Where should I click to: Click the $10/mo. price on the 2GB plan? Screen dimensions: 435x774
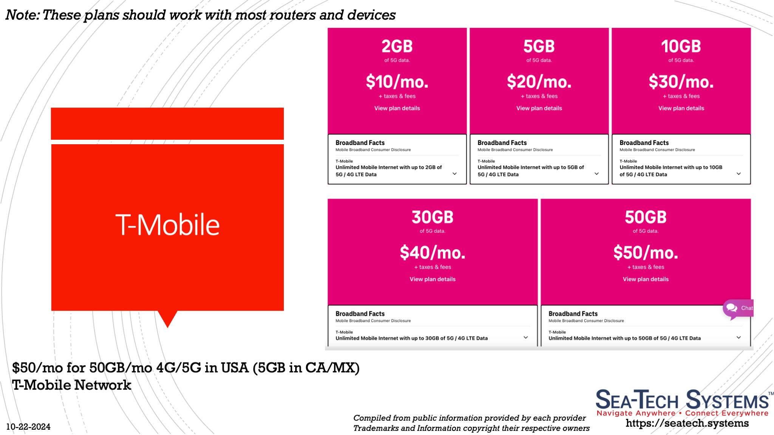click(397, 82)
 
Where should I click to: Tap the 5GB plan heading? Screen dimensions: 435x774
click(539, 46)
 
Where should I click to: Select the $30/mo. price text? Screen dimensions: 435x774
click(681, 82)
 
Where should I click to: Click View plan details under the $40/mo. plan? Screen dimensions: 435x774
click(432, 279)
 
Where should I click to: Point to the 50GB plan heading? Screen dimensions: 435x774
click(646, 217)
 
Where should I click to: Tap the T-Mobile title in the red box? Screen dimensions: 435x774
click(167, 225)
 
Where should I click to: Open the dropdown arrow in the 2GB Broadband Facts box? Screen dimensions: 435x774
click(455, 174)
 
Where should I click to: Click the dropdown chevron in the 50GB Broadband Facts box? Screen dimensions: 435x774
click(738, 337)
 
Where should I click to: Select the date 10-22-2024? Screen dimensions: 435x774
click(28, 427)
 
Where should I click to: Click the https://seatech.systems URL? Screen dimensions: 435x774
click(687, 423)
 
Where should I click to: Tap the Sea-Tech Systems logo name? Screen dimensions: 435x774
click(682, 400)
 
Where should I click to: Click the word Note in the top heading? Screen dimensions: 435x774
click(22, 15)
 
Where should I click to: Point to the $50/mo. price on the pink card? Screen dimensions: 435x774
click(646, 253)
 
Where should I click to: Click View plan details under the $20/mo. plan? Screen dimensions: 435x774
click(539, 108)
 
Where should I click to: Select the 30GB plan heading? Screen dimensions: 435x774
click(432, 217)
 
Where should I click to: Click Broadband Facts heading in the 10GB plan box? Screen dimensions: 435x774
click(644, 143)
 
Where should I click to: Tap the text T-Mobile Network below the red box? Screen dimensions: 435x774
click(72, 385)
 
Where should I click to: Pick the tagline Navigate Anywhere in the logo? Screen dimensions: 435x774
click(636, 413)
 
